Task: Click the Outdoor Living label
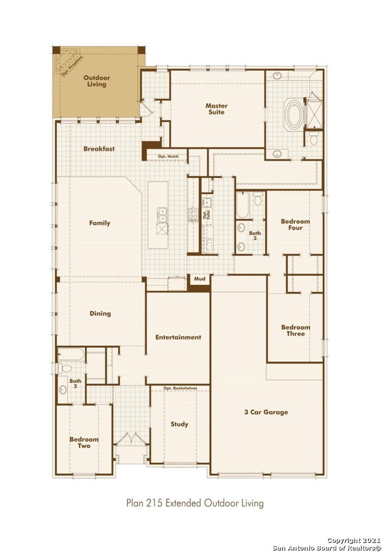click(95, 81)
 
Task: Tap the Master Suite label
click(216, 109)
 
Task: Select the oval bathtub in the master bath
click(292, 113)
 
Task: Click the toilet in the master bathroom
click(314, 140)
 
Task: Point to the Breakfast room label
click(98, 149)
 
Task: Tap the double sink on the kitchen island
click(162, 217)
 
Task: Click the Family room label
click(100, 223)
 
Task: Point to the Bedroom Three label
click(296, 330)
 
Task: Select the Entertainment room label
click(178, 337)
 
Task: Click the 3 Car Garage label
click(266, 412)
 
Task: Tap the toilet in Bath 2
click(65, 368)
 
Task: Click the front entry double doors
click(129, 439)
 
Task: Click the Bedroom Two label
click(84, 443)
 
